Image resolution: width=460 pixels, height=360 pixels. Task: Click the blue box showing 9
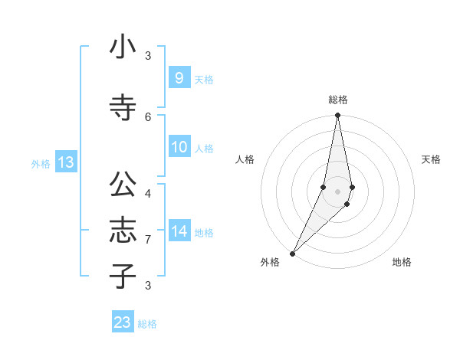point(179,78)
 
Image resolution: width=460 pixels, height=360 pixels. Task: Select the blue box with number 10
point(179,147)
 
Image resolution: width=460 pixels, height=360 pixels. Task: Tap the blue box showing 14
point(179,231)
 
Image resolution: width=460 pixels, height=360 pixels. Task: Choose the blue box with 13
point(65,162)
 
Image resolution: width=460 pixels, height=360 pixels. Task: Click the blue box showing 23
point(123,322)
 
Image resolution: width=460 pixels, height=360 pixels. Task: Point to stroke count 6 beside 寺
point(148,116)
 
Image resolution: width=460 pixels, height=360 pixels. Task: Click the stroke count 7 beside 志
point(148,240)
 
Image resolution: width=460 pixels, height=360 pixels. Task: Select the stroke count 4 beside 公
point(148,193)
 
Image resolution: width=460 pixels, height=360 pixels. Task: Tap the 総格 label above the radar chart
point(337,100)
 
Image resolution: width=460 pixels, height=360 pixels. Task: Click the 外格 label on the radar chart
point(270,262)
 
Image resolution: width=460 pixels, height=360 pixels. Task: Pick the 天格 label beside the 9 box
point(204,79)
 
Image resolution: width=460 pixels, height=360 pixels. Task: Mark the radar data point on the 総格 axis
point(337,115)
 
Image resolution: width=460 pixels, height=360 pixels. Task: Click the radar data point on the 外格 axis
point(292,253)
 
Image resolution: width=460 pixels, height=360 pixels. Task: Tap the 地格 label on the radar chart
point(402,262)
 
